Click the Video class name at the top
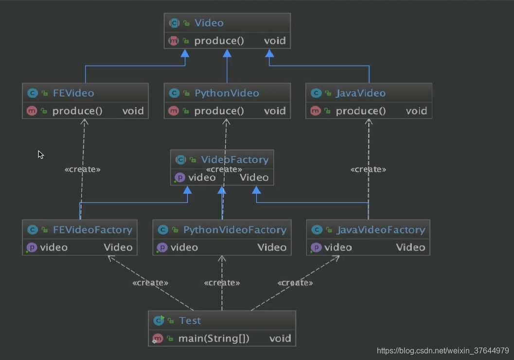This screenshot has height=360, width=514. pyautogui.click(x=209, y=23)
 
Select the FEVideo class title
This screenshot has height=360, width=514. pyautogui.click(x=73, y=93)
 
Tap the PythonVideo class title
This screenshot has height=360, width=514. pyautogui.click(x=227, y=93)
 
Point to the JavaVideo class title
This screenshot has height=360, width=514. pyautogui.click(x=361, y=93)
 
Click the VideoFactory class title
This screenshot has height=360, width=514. pyautogui.click(x=235, y=159)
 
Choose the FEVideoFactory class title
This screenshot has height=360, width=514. pyautogui.click(x=93, y=230)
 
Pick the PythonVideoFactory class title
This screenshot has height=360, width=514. pyautogui.click(x=235, y=230)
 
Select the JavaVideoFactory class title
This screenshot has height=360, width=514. pyautogui.click(x=381, y=230)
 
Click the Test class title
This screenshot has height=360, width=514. pyautogui.click(x=190, y=320)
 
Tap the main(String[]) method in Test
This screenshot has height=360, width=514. pyautogui.click(x=214, y=338)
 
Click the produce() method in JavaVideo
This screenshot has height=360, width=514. pyautogui.click(x=361, y=111)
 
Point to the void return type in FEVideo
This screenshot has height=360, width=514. pyautogui.click(x=133, y=111)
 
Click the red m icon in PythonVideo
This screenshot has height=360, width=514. pyautogui.click(x=174, y=111)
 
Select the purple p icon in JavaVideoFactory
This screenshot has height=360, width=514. pyautogui.click(x=316, y=247)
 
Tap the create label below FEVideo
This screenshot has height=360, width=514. pyautogui.click(x=83, y=170)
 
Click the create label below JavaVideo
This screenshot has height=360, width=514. pyautogui.click(x=369, y=170)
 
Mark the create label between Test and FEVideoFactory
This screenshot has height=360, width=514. pyautogui.click(x=150, y=283)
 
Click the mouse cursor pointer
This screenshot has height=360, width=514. pyautogui.click(x=40, y=154)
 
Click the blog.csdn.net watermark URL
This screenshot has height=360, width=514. pyautogui.click(x=443, y=351)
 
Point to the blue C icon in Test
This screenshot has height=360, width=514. pyautogui.click(x=159, y=320)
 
